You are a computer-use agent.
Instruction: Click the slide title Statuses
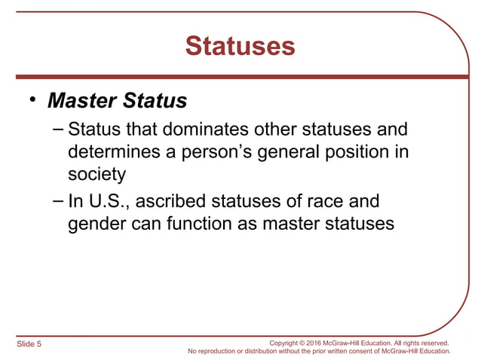pyautogui.click(x=240, y=47)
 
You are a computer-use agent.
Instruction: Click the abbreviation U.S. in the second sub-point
pyautogui.click(x=107, y=203)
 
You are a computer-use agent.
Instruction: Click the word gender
pyautogui.click(x=93, y=225)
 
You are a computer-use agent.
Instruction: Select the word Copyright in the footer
pyautogui.click(x=284, y=343)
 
